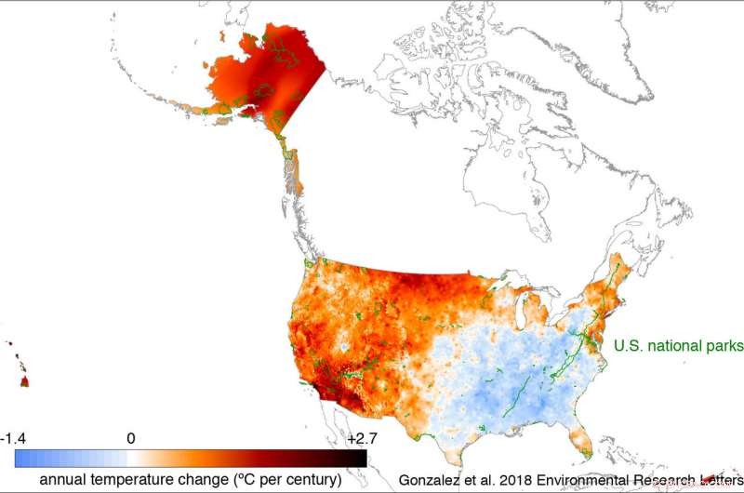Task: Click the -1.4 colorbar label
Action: coord(14,438)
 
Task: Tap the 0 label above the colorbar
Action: coord(131,438)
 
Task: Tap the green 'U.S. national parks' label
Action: coord(678,346)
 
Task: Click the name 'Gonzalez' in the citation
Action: coord(432,480)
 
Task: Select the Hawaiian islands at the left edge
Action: coord(20,372)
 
